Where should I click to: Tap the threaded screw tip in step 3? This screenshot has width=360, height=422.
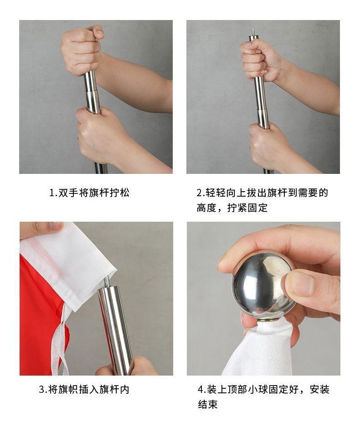point(106,282)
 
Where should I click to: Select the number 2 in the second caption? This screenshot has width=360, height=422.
point(200,193)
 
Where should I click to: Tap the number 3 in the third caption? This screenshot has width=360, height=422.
point(42,389)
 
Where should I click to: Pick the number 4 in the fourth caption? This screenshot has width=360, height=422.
point(201,389)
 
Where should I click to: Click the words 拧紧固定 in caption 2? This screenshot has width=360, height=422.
point(247,208)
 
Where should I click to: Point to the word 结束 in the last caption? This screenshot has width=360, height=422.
point(208,404)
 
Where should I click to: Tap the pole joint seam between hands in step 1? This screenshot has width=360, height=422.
point(91,91)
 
